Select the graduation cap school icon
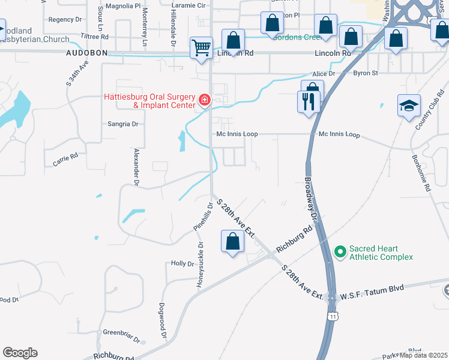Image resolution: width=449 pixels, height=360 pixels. (x=409, y=106)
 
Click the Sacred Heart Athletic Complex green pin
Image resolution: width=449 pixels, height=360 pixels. (x=340, y=251)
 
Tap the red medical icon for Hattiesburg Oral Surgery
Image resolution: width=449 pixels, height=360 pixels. (x=205, y=99)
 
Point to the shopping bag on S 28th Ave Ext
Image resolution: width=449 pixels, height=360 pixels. (x=232, y=242)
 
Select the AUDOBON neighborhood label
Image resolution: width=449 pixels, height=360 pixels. (x=86, y=53)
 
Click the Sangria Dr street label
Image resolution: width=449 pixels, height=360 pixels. (x=122, y=124)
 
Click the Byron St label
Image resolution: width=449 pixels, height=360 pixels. (x=366, y=73)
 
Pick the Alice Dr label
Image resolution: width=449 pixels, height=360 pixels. (x=323, y=73)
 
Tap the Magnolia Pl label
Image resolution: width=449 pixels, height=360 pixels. (x=122, y=5)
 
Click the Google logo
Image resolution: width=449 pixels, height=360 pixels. (x=20, y=353)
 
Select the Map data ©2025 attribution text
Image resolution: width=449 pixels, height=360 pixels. (x=424, y=355)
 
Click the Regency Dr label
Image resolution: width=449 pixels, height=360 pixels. (x=65, y=19)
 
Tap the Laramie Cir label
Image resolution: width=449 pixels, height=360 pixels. (x=188, y=5)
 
